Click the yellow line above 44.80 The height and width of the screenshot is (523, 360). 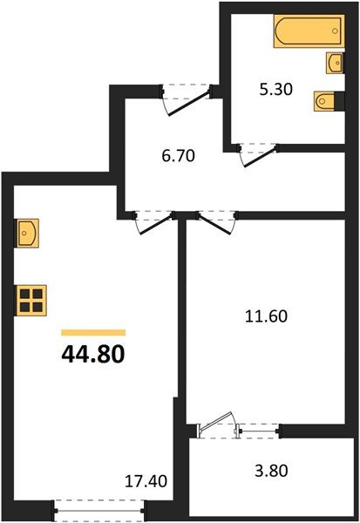tap(93, 332)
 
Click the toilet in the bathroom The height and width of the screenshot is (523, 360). tap(325, 99)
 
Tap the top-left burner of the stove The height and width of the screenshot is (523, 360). tap(25, 294)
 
